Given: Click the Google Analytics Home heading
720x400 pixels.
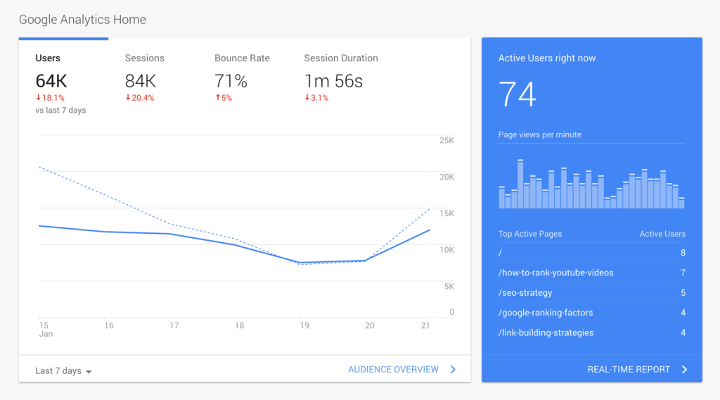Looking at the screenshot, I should [82, 20].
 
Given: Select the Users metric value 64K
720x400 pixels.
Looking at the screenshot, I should [51, 81].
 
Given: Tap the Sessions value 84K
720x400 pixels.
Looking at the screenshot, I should [141, 81].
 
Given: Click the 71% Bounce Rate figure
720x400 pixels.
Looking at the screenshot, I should [231, 81].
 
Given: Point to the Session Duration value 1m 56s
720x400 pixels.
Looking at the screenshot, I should [333, 81].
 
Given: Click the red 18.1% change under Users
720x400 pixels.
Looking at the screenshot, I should [50, 98].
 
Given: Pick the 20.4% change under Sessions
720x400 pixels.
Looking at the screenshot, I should [139, 98].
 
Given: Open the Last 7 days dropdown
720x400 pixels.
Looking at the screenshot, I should [63, 371].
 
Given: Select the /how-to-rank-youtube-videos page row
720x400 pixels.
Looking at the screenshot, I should [555, 273].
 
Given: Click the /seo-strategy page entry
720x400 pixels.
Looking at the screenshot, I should [525, 292].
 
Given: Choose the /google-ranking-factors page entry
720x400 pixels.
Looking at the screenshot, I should [546, 313].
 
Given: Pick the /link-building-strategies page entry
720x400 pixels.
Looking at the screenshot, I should [546, 332].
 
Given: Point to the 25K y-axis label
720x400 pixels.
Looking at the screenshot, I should [446, 141].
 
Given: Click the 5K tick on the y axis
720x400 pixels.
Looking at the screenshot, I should [449, 287].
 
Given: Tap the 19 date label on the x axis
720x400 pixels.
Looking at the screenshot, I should [304, 325].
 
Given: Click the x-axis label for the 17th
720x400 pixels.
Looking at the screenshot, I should [174, 325].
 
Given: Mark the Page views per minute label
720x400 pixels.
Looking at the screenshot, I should [539, 135].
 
